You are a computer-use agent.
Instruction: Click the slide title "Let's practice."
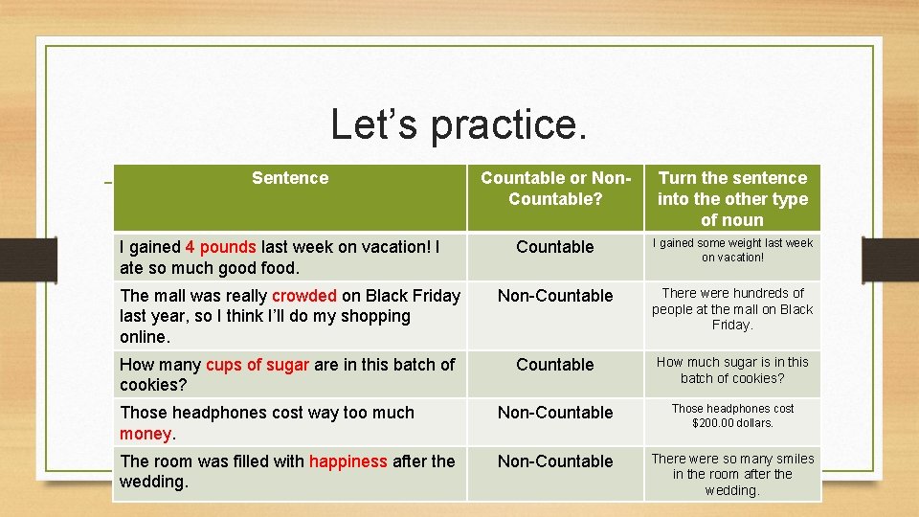click(459, 124)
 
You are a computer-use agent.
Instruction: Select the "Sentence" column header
click(289, 178)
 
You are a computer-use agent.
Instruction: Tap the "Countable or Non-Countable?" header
click(555, 189)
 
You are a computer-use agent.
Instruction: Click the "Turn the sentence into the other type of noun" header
click(732, 198)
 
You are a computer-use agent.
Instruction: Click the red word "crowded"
click(303, 296)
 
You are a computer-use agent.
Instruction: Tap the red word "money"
click(145, 434)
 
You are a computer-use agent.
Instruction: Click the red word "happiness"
click(347, 461)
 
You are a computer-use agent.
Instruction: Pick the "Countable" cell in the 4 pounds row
click(555, 247)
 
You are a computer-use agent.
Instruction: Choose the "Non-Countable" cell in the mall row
click(555, 296)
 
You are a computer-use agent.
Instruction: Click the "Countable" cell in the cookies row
click(555, 365)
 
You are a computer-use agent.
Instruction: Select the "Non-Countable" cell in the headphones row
click(555, 413)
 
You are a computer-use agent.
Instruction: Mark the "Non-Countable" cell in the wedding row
click(555, 461)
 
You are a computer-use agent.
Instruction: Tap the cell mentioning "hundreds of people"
click(732, 309)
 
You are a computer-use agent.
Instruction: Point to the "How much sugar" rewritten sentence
click(732, 370)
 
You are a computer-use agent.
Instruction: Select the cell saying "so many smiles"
click(732, 475)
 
